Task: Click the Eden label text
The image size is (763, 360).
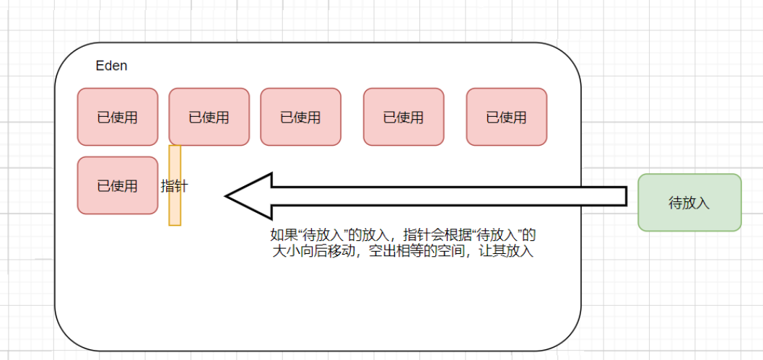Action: coord(111,66)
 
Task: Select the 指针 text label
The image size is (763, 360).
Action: coord(174,186)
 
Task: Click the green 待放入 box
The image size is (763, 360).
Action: coord(689,203)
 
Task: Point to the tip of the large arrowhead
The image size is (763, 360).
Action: coord(227,196)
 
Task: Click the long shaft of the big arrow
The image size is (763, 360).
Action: coord(448,196)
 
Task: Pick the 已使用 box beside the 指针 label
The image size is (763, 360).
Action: coord(117,185)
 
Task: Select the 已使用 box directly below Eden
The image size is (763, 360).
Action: coord(117,117)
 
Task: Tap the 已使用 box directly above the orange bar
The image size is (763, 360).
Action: coord(209,117)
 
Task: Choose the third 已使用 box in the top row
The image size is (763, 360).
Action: coord(300,117)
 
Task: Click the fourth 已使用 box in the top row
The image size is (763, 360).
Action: coord(404,117)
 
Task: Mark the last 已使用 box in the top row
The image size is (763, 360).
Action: coord(506,117)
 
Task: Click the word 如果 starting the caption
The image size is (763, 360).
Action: coord(281,235)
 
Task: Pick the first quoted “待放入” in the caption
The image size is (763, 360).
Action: coord(318,235)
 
